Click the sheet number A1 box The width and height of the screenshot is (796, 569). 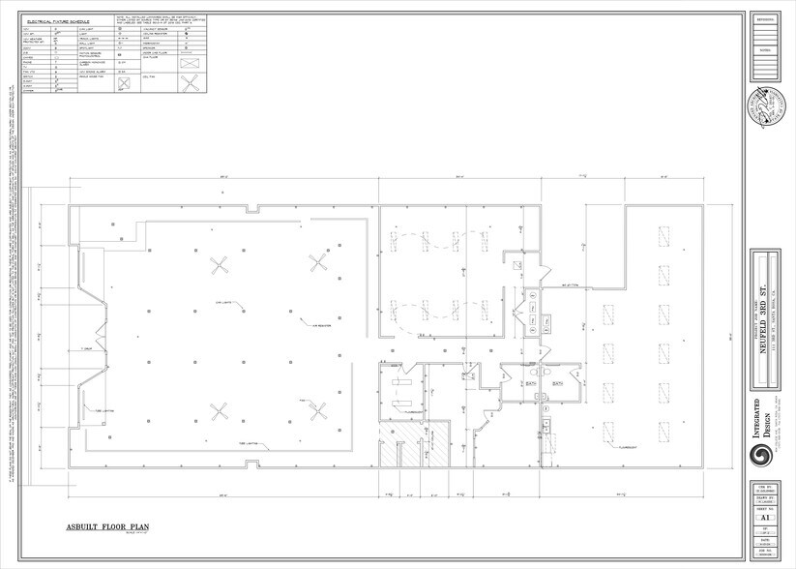[764, 516]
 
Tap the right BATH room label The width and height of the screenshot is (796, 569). [558, 384]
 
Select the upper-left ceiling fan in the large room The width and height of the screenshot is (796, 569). [220, 263]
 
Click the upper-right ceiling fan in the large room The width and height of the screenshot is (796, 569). [318, 261]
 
